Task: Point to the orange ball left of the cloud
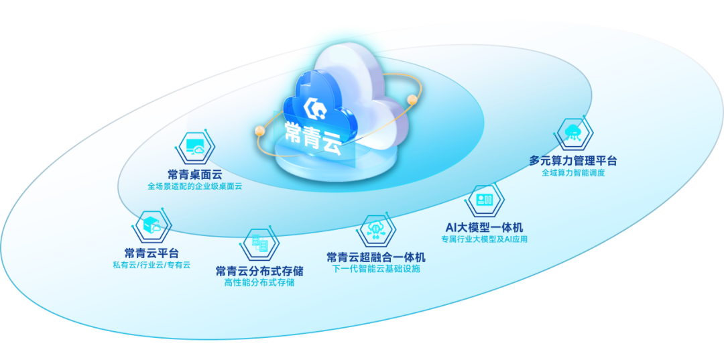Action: point(260,131)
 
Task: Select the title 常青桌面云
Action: point(195,174)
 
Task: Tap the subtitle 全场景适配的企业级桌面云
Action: point(195,187)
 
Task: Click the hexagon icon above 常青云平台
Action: point(152,226)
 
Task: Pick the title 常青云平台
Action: point(152,253)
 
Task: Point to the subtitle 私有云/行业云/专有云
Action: point(152,265)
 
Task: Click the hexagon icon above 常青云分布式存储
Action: point(259,244)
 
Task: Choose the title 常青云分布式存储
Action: point(259,270)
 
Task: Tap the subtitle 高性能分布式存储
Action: point(259,283)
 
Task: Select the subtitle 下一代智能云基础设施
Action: point(376,269)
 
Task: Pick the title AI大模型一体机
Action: point(484,227)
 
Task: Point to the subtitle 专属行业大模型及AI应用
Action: point(484,239)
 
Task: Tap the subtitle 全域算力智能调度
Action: point(573,173)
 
